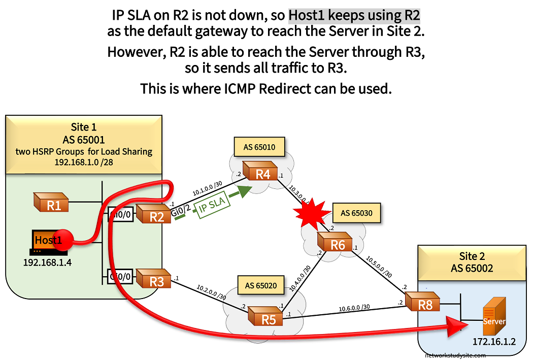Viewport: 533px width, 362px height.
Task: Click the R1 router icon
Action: [52, 203]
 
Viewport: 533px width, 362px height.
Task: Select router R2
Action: [153, 215]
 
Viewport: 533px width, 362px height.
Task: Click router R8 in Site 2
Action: [422, 303]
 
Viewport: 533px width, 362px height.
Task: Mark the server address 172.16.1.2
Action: [494, 342]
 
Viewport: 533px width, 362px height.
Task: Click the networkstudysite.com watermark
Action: [455, 356]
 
